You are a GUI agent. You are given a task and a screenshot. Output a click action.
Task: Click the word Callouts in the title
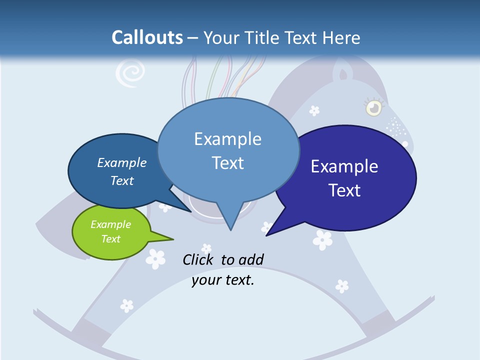pos(147,37)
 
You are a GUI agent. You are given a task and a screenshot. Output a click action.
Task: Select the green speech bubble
pos(111,232)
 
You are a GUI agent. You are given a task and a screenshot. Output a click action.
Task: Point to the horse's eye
pos(373,107)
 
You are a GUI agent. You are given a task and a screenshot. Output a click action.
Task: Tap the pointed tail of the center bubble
pos(230,222)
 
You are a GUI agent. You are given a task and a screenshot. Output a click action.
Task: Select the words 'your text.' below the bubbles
pos(223,280)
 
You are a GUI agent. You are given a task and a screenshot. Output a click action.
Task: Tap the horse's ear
pos(343,73)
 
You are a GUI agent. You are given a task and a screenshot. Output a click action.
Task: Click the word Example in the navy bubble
pos(344,166)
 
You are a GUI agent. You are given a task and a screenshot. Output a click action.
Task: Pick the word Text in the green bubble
pos(111,239)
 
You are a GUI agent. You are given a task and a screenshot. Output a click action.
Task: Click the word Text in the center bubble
pos(228,162)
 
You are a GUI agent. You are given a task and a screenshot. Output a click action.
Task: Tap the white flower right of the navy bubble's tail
pos(322,239)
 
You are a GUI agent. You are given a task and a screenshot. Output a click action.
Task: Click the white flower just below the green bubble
pos(155,258)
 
